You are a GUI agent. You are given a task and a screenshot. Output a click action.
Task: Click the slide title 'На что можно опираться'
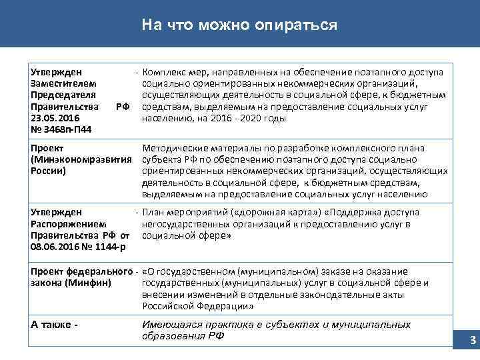point(240,25)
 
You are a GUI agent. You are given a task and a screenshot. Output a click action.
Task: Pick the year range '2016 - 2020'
point(228,118)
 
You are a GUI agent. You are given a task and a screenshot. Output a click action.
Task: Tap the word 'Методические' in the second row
point(173,148)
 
